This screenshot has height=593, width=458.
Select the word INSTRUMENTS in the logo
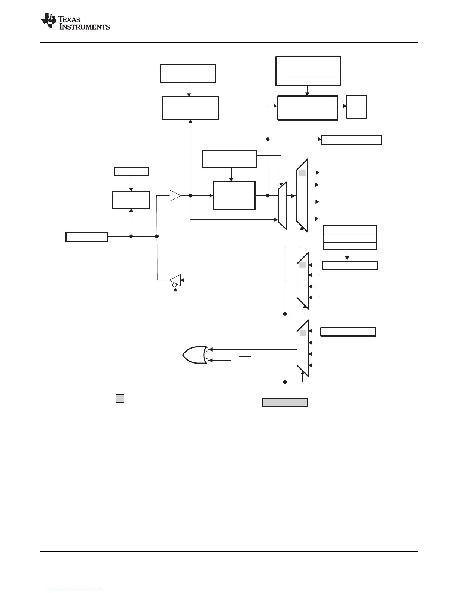click(x=85, y=27)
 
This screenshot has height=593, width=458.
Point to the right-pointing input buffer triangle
click(x=175, y=195)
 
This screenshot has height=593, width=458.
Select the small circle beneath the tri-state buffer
click(x=174, y=285)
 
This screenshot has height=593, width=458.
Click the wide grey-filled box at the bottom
click(x=284, y=402)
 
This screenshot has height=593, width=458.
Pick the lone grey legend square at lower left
click(x=120, y=398)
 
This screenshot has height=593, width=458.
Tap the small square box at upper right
click(x=357, y=107)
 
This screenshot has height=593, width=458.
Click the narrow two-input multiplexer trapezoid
click(x=283, y=206)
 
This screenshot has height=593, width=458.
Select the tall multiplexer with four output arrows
click(x=302, y=195)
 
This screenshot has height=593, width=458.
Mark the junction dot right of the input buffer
click(x=190, y=195)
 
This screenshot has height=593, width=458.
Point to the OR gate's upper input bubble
click(x=207, y=349)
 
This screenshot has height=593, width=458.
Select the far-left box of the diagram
click(x=87, y=237)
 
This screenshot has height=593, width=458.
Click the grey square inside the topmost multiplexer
click(x=302, y=173)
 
